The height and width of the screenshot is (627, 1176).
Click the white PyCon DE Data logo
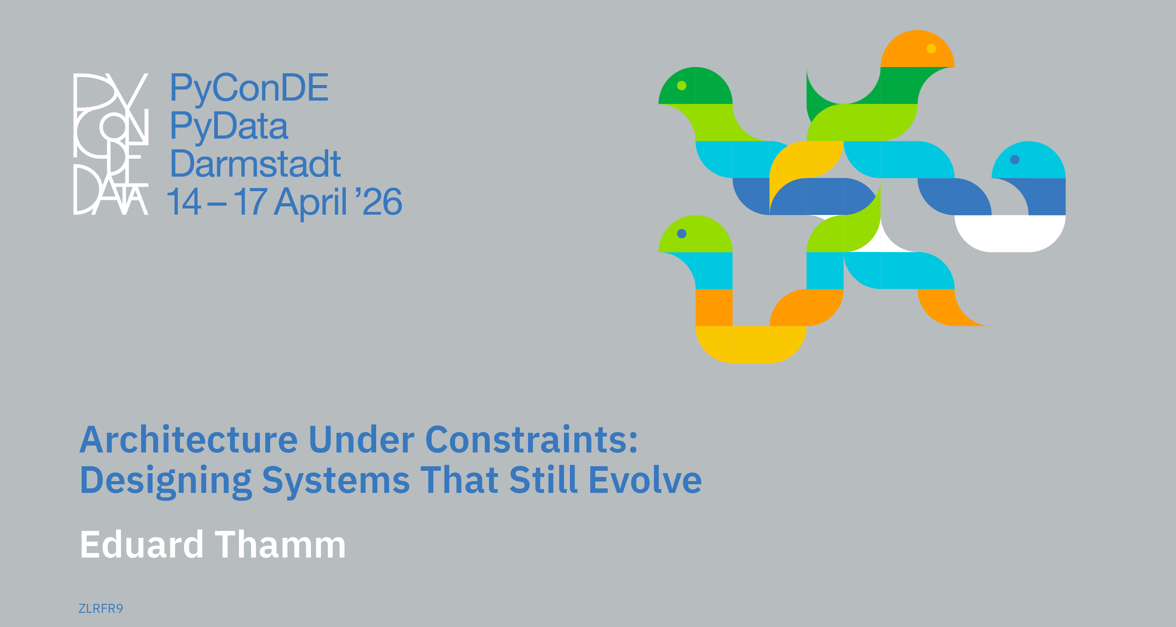click(111, 144)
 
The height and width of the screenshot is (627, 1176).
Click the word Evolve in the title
click(645, 480)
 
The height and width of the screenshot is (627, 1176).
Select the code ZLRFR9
click(101, 608)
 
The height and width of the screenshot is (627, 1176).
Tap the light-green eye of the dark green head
click(682, 85)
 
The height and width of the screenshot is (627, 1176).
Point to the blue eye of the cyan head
click(1015, 159)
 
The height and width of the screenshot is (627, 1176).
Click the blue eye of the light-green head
click(682, 234)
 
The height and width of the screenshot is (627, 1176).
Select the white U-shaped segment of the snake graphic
click(1010, 237)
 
